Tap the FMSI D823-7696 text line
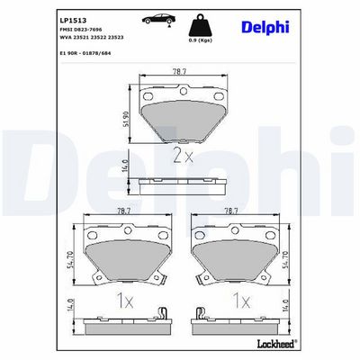point(81,30)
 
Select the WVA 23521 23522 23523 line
point(92,37)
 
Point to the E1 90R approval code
point(85,53)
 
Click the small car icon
point(158,19)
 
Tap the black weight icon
point(200,25)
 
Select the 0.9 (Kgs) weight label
point(200,40)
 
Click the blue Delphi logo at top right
point(265,27)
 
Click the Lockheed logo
point(276,344)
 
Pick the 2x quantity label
point(184,156)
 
